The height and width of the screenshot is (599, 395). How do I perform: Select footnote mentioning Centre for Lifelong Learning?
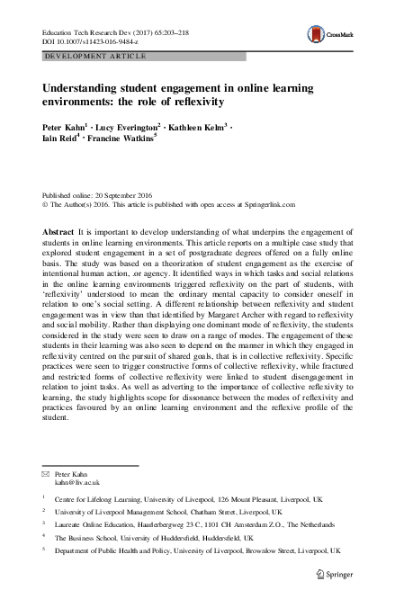coord(180,497)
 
